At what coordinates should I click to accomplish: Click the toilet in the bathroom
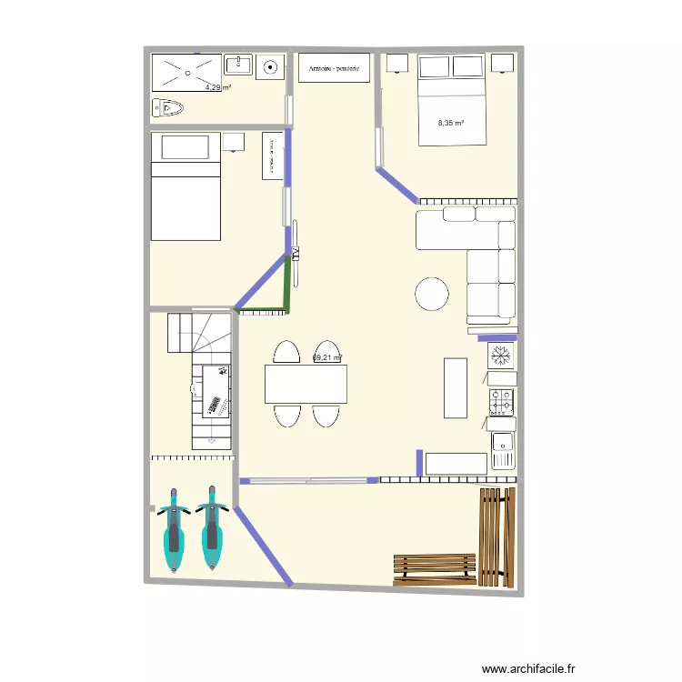(169, 108)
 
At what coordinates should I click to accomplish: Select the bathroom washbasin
(238, 65)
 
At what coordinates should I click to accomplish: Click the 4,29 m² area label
(217, 87)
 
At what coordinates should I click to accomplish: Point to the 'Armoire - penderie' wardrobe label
(334, 68)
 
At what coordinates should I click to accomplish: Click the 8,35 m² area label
(451, 123)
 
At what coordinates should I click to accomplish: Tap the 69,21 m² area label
(326, 358)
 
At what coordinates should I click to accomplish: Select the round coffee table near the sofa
(431, 294)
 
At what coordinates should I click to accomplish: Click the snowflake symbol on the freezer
(500, 352)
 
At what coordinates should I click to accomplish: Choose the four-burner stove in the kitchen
(502, 399)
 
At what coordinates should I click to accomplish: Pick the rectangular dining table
(306, 384)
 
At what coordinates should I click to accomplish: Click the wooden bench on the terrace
(435, 569)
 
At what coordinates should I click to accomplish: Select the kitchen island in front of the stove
(456, 387)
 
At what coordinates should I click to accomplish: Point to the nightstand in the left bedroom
(234, 142)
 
